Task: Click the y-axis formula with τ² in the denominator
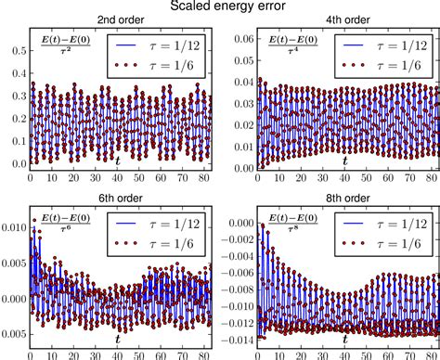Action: coord(58,48)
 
